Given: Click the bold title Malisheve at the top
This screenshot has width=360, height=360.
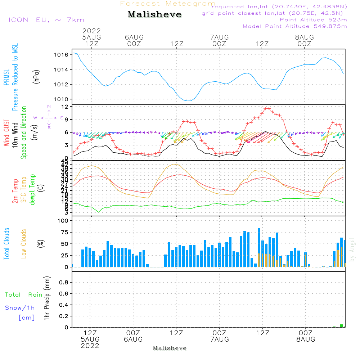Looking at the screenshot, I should click(x=154, y=15).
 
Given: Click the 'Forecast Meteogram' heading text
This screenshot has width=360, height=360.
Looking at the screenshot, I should click(x=168, y=4).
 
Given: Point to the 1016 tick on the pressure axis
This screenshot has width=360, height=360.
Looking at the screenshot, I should click(x=62, y=55).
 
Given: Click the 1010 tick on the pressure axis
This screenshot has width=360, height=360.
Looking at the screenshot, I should click(x=62, y=99).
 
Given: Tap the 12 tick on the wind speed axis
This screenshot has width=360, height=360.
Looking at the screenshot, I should click(x=65, y=107).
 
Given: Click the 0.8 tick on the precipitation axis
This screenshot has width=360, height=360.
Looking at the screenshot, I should click(x=64, y=283).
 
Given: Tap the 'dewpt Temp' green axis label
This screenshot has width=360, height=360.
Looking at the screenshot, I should click(x=33, y=190).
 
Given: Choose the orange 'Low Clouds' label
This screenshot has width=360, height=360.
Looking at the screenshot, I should click(x=24, y=244).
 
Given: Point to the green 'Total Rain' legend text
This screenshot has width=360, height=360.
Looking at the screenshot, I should click(x=24, y=295).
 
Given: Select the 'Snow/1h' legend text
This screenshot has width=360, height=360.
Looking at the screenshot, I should click(x=20, y=308).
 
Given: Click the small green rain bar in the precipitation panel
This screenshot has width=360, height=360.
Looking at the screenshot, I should click(x=341, y=326).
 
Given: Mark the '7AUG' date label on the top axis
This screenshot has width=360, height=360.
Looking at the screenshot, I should click(x=219, y=37).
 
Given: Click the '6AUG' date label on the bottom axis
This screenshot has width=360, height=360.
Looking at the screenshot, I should click(x=133, y=339).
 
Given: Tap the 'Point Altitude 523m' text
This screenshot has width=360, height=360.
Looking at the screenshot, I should click(x=313, y=20).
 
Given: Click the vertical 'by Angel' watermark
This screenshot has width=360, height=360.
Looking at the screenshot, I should click(x=352, y=249).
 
